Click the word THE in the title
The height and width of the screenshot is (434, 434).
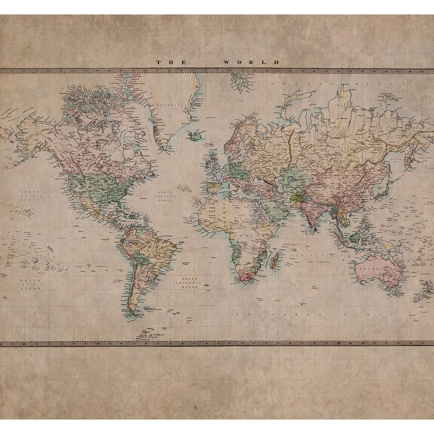coord(171,62)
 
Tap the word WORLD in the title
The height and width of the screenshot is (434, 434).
coord(252,62)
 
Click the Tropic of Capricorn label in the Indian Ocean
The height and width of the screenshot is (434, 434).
coord(319,262)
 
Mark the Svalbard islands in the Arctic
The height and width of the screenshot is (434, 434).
coord(240,81)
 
